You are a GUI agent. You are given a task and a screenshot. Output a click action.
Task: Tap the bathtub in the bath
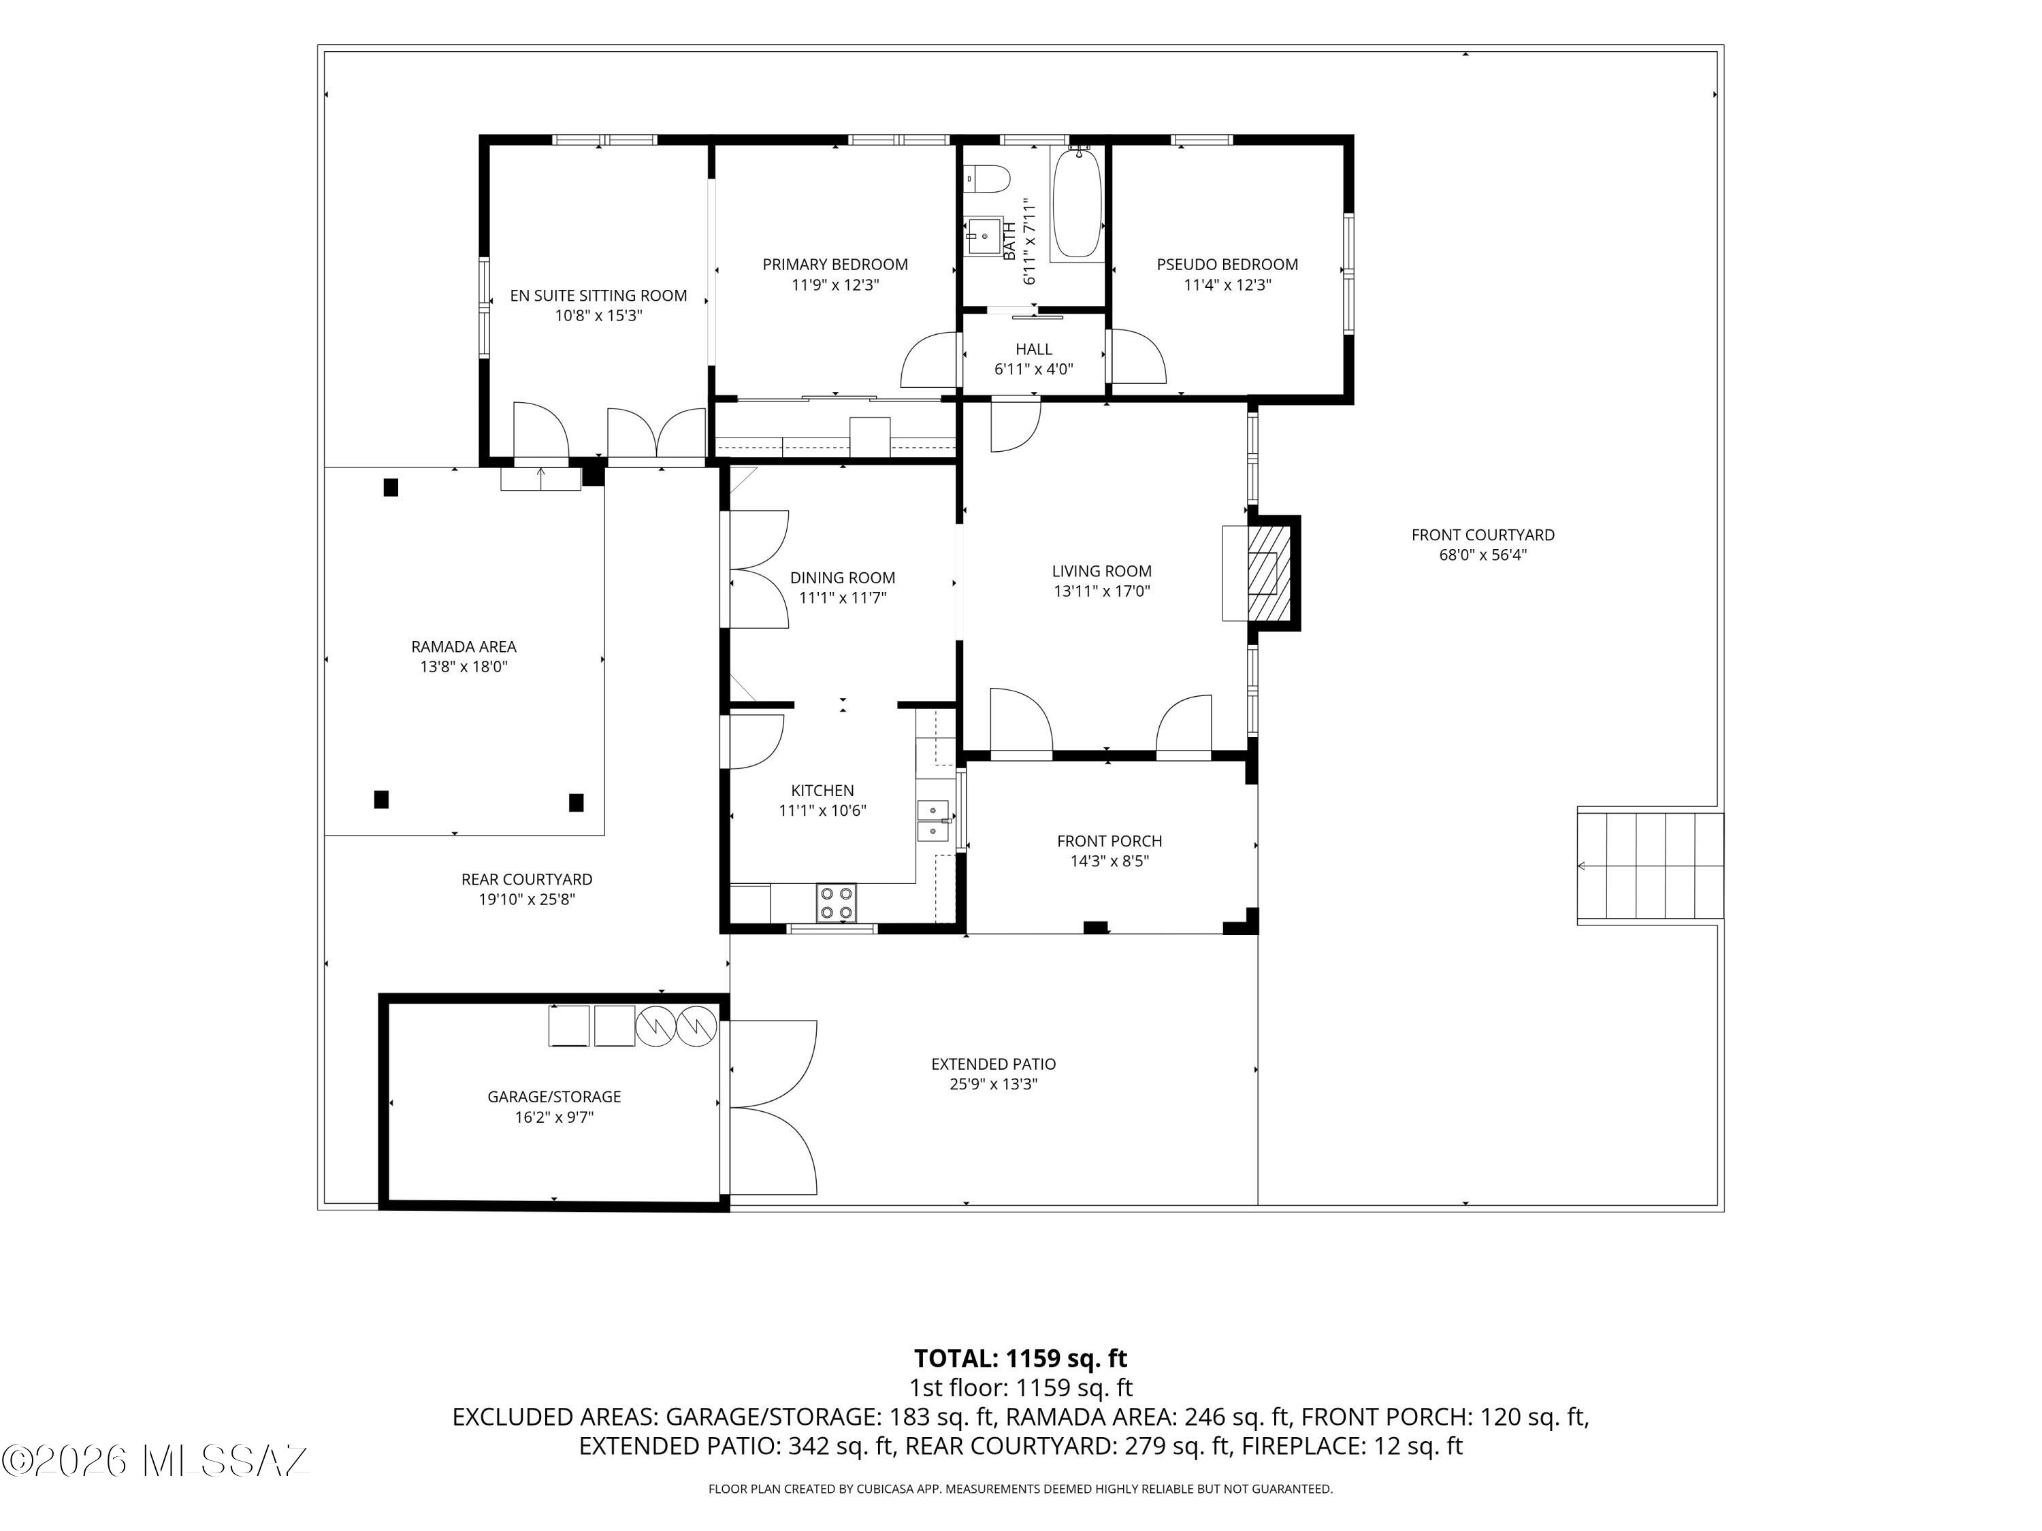point(1077,204)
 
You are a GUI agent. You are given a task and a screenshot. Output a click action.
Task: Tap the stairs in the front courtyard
point(1650,866)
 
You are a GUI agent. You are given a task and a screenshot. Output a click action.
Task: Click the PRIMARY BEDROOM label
point(835,265)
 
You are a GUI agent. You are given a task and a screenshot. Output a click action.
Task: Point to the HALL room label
point(1034,349)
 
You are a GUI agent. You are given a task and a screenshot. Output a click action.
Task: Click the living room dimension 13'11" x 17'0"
point(1102,591)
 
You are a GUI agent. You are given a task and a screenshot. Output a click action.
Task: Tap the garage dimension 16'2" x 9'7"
point(554,1117)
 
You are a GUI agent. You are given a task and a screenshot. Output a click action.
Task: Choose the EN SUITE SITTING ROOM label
point(599,295)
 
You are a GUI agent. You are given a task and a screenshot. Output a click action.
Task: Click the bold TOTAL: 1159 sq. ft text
point(1021,1358)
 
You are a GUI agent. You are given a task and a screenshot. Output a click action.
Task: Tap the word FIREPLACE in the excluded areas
point(1301,1446)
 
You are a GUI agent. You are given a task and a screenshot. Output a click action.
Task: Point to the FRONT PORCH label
point(1109,841)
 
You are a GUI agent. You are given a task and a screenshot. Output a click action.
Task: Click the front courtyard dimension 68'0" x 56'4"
point(1483,555)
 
